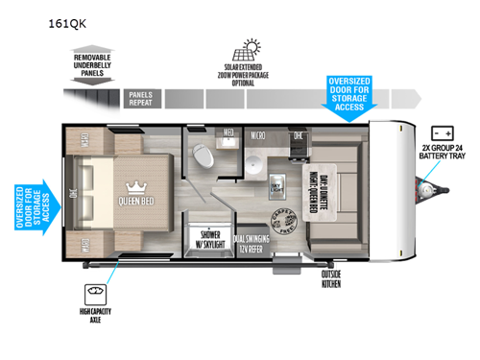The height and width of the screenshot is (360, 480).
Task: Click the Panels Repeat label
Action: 142,97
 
